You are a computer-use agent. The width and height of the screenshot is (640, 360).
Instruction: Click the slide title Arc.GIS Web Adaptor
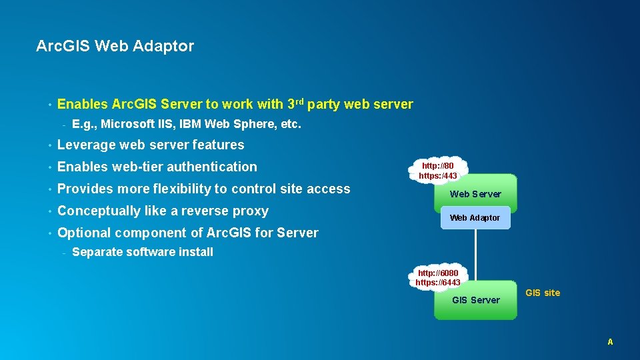115,46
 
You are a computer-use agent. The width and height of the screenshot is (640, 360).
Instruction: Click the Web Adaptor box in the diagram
475,218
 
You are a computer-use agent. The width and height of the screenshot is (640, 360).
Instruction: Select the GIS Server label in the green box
475,300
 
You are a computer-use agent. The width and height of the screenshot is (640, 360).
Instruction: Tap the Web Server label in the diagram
475,194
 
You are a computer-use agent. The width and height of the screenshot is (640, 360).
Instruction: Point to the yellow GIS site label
543,293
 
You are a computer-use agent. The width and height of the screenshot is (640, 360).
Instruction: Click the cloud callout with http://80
438,171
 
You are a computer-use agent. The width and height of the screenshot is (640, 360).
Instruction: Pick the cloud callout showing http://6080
437,277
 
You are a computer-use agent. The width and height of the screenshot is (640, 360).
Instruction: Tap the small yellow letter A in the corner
610,342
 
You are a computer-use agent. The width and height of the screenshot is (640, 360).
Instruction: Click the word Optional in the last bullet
84,233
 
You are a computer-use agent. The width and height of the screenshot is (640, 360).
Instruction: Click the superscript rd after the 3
300,101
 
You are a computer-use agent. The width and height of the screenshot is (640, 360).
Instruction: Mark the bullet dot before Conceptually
49,211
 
